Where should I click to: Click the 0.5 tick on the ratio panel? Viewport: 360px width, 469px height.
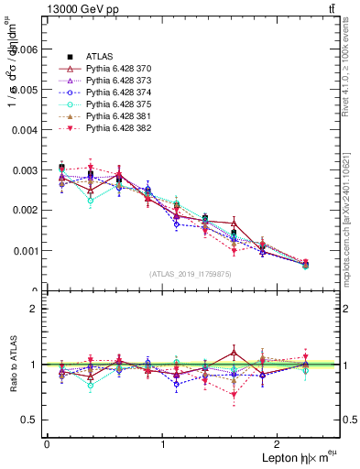coord(30,420)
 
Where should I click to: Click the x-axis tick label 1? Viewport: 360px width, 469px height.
coord(163,444)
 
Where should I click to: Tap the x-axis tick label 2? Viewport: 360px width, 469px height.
coord(280,444)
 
